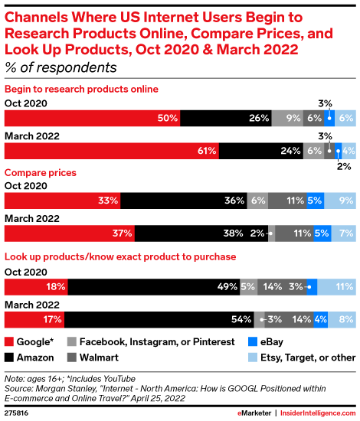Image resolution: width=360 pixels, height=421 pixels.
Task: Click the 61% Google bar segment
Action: coord(112,151)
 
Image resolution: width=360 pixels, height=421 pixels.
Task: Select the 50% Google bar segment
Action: coord(93,118)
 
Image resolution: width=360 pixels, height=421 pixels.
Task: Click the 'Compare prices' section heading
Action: coord(41,173)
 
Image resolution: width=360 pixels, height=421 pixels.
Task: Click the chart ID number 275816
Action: coord(18,411)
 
